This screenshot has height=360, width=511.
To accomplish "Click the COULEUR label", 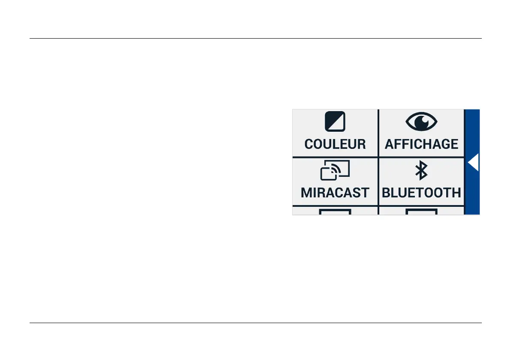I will coord(335,144).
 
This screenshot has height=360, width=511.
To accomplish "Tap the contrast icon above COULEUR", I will coord(335,122).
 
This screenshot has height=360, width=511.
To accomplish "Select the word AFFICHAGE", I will coord(421,144).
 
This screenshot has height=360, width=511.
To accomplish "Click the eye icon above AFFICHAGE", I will coord(421,122).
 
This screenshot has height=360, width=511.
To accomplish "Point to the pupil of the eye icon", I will coord(423,121).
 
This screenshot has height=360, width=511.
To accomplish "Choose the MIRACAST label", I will coord(335,193).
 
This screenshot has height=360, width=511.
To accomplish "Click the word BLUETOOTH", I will coord(421,193).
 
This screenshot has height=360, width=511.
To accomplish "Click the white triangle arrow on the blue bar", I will coord(473,163).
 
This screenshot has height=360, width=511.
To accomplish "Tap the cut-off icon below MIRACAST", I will coord(335,212).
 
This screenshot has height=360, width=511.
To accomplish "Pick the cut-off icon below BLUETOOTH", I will coord(421,212).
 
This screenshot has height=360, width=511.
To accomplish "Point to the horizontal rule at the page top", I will coord(255,39).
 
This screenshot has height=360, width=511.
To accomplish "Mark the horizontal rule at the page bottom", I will coord(255,323).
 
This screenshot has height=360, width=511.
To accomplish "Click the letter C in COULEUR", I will coord(308,144).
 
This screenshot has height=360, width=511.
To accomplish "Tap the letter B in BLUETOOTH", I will coord(386,193).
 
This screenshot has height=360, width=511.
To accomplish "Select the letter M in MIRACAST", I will coord(306,193).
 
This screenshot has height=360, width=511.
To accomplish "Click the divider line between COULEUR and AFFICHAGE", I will coord(378,133).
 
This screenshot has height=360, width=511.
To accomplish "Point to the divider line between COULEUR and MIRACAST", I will coord(335,157).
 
